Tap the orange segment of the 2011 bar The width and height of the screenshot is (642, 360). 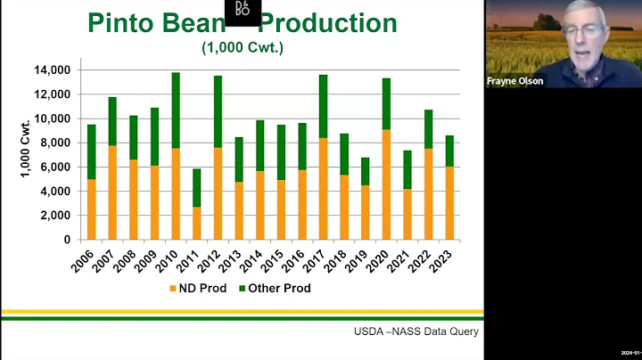pyautogui.click(x=197, y=223)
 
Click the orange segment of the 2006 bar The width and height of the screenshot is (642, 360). pyautogui.click(x=91, y=209)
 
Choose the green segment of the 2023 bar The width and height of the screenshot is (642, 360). pyautogui.click(x=449, y=151)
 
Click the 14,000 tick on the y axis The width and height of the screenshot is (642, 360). pyautogui.click(x=53, y=70)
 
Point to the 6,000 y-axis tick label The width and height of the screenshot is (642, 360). pyautogui.click(x=56, y=167)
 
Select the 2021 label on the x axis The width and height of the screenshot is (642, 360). pyautogui.click(x=405, y=259)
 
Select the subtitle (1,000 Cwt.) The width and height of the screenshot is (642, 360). pyautogui.click(x=242, y=47)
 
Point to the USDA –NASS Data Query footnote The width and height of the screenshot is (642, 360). pyautogui.click(x=416, y=332)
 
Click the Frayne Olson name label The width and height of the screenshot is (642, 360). pyautogui.click(x=514, y=81)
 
